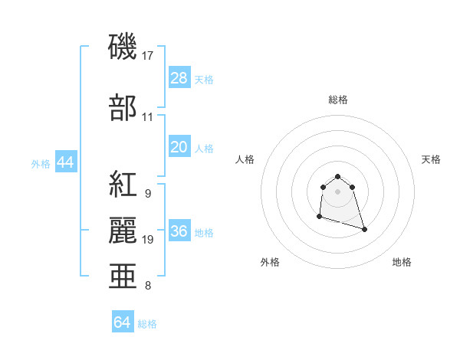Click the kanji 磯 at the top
(x=123, y=47)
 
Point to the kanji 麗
(x=123, y=231)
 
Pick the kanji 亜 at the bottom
(x=123, y=277)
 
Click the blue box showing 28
(x=179, y=78)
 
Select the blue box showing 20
(x=179, y=147)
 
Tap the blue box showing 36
(x=179, y=232)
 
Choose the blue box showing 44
(x=65, y=162)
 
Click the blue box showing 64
(x=123, y=322)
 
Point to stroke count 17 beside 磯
(x=148, y=56)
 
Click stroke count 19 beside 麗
(x=148, y=240)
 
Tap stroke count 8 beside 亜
(x=148, y=286)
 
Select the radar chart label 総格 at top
(x=338, y=100)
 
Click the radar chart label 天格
(x=431, y=159)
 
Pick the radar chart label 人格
(x=245, y=159)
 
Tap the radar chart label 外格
(x=270, y=262)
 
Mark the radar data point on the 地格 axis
(x=364, y=229)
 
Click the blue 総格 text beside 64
(x=147, y=324)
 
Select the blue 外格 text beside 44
(x=41, y=163)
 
